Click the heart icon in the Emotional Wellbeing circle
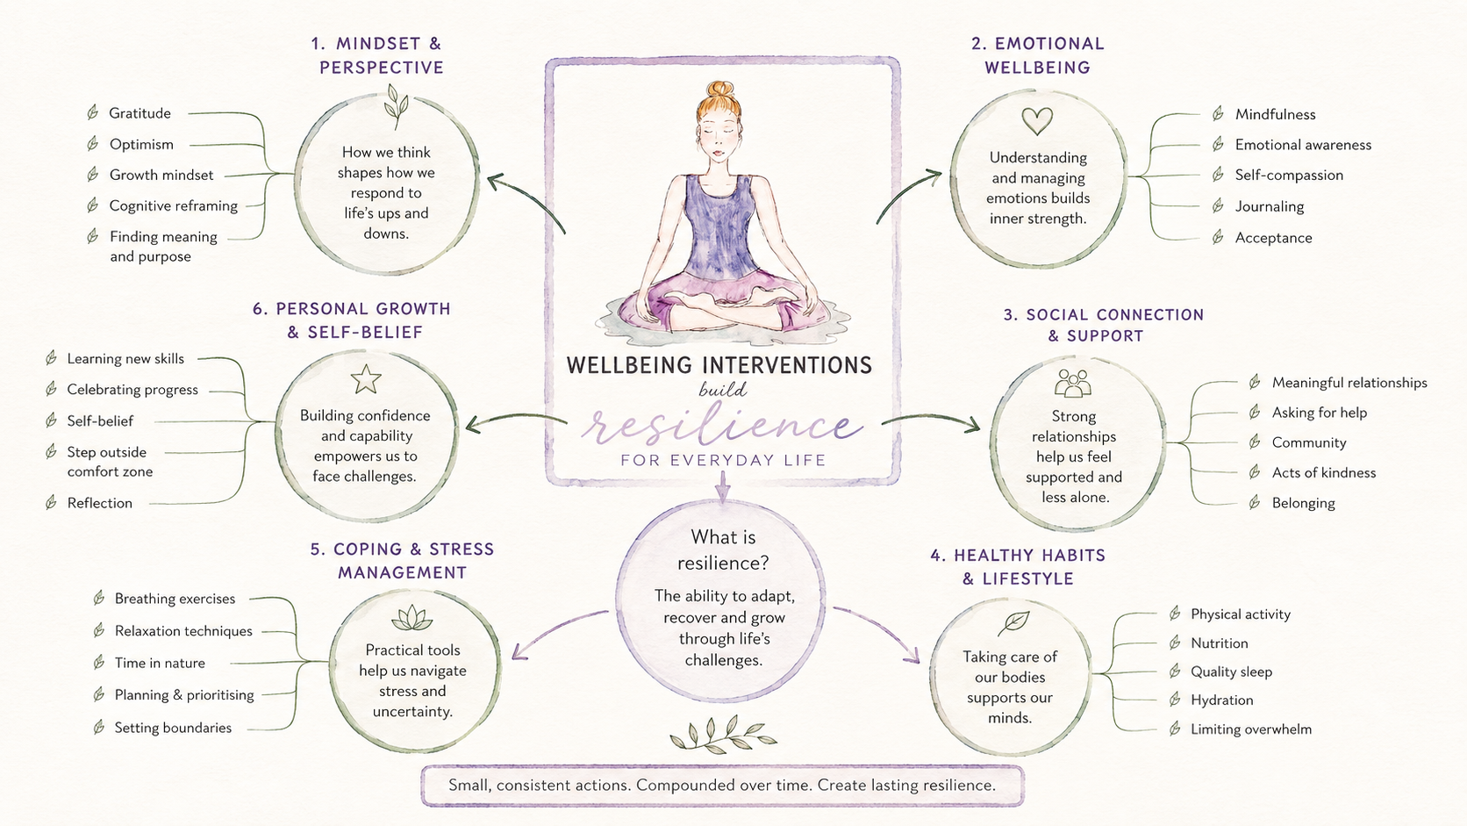point(1037,121)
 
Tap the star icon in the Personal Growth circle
point(366,379)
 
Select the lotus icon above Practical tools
point(412,617)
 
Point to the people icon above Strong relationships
point(1073,384)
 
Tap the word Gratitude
point(140,113)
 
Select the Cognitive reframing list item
point(174,205)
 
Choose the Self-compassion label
point(1289,175)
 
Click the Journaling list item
point(1270,206)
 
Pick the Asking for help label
point(1319,413)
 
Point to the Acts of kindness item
point(1324,472)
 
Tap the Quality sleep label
point(1231,672)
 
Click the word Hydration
point(1221,700)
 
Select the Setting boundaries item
point(173,728)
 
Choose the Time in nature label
point(159,663)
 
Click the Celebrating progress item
point(132,390)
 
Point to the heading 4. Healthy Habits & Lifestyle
point(1018,566)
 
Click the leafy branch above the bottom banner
point(722,735)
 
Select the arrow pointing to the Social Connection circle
point(930,418)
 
